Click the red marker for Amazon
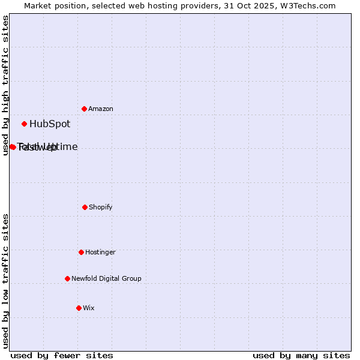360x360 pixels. coord(84,109)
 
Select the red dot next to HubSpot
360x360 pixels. coord(24,124)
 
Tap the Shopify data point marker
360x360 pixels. coord(85,207)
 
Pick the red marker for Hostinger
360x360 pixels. coord(81,252)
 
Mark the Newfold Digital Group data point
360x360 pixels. coord(67,278)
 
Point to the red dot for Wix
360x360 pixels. coord(79,308)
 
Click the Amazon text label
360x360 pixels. coord(101,109)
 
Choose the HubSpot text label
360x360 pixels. coord(50,124)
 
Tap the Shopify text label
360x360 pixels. coord(101,207)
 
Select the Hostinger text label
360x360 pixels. coord(100,252)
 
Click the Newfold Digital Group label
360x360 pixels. coord(106,278)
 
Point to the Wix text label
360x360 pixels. coord(89,308)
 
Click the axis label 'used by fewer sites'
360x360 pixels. coord(62,355)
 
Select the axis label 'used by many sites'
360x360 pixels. coord(301,355)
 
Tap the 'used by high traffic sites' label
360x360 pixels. coord(5,85)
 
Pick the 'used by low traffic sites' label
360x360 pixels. coord(5,281)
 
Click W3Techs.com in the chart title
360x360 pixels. coord(307,5)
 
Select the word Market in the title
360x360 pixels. coord(38,5)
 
